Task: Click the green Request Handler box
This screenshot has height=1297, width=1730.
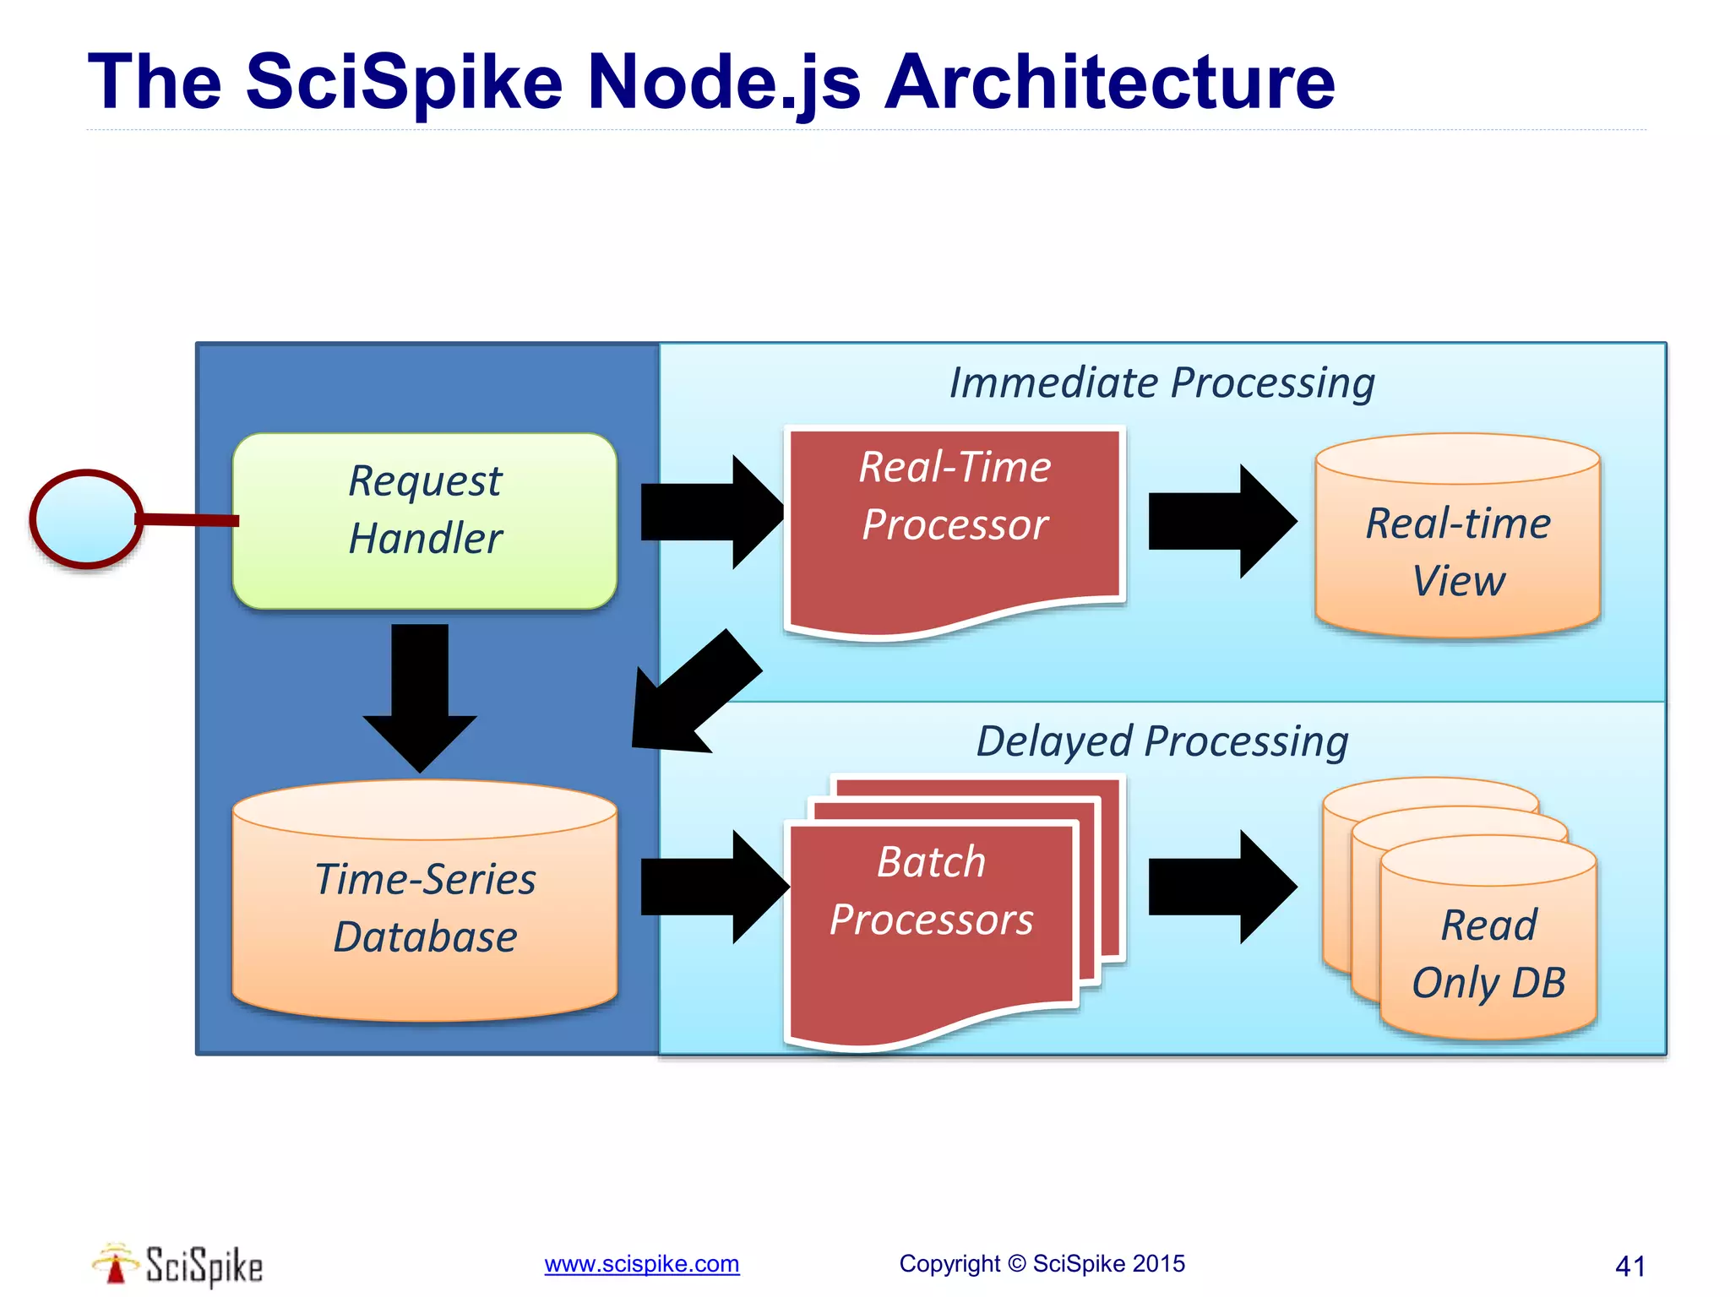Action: click(x=425, y=520)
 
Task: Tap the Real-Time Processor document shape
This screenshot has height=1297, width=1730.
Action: click(x=955, y=524)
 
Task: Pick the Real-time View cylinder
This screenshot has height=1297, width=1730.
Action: click(x=1458, y=549)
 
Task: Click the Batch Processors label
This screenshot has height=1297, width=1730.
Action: click(x=931, y=891)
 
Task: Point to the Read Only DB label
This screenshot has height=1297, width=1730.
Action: click(x=1488, y=954)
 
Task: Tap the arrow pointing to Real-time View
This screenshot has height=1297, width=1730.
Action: click(x=1221, y=521)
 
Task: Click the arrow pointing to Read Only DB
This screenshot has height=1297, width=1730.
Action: click(x=1221, y=887)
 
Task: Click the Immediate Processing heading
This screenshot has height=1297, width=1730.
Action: click(x=1161, y=383)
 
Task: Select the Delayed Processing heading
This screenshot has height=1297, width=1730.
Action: click(x=1161, y=741)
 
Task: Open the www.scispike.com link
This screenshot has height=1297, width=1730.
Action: click(x=641, y=1264)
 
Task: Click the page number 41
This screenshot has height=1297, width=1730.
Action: click(x=1629, y=1266)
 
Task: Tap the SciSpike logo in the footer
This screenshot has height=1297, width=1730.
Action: click(x=177, y=1265)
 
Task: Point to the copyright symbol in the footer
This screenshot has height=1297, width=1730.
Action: click(x=1016, y=1264)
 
